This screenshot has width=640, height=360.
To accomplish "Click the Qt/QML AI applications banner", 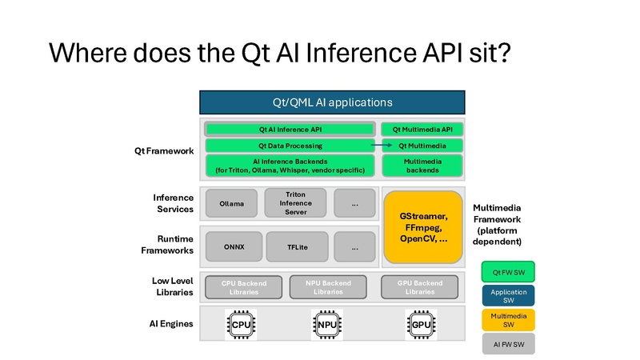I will coord(331,102).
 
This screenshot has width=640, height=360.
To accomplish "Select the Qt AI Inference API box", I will coord(290,129).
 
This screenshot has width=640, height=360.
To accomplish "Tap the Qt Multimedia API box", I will coord(422,129).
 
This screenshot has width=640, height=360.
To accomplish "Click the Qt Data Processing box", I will coord(290,146).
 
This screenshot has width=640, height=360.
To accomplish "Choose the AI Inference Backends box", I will coord(290,166).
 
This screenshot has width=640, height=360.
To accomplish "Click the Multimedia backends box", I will coord(422,166).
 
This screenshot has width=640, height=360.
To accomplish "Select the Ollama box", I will coord(231,203).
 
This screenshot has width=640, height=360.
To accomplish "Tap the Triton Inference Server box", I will coord(295,203).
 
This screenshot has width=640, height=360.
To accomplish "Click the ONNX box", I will coord(234,247).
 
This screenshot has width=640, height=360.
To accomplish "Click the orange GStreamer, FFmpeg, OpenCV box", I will coord(423,227).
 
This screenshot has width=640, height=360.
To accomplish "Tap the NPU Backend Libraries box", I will coord(328,287).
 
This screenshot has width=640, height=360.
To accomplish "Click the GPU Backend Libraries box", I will coord(419,287).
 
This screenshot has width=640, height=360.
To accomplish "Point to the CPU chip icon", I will coord(241,325).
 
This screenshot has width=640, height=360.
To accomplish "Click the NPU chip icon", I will coord(327,325).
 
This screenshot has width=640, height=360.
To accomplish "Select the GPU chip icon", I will coord(422,325).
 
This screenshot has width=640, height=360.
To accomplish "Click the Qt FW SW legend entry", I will coord(508,272).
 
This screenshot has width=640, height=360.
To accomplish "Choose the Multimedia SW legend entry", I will coord(508,320).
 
